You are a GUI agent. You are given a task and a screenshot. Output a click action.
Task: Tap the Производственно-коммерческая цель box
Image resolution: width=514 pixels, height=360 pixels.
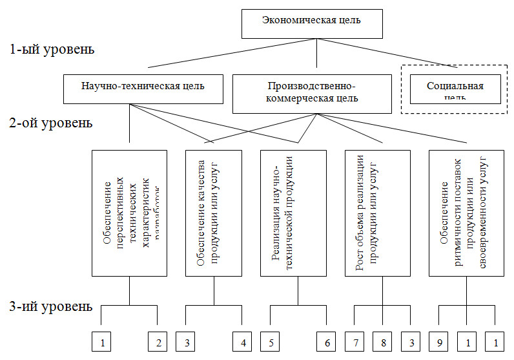pos(311,91)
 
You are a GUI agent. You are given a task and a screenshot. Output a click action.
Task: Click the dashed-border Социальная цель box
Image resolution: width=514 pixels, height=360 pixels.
pos(455,89)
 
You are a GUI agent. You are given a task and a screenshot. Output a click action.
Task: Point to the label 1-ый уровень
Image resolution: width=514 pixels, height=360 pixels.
pos(53,50)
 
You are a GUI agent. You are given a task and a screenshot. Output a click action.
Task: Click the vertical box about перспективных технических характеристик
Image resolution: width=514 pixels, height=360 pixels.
pos(130,214)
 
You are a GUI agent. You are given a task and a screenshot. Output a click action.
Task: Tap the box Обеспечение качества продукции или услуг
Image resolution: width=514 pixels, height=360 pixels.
pos(213,214)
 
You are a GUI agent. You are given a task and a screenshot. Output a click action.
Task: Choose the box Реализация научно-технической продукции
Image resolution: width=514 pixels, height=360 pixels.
pos(296,214)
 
